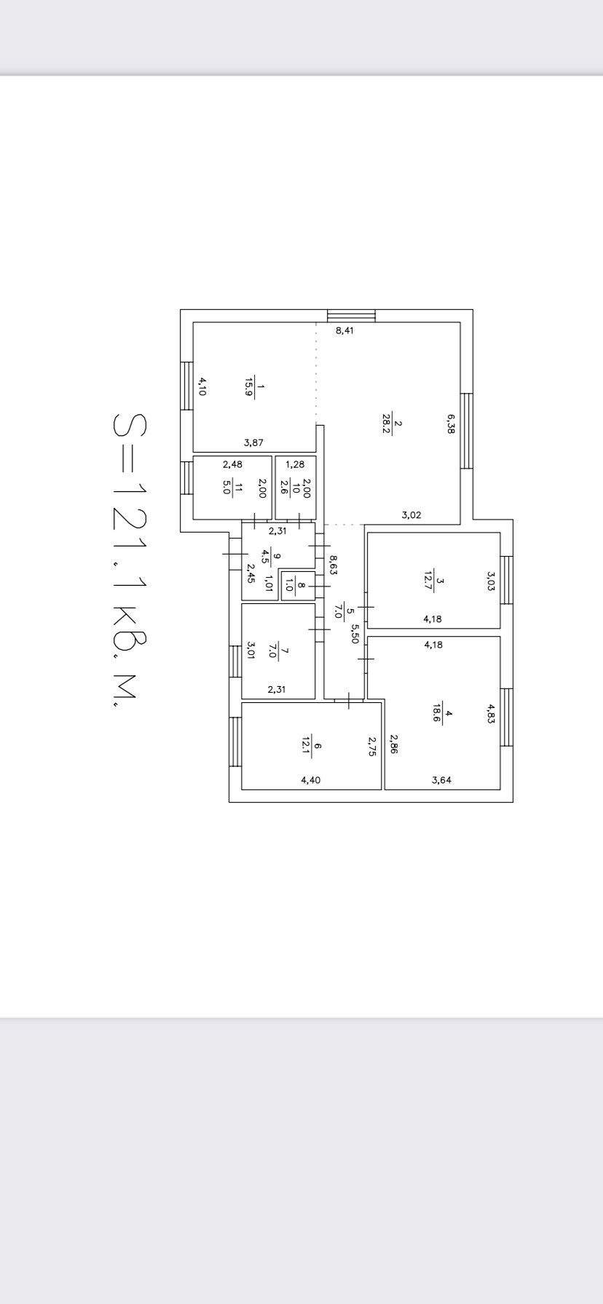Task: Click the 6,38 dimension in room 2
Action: tap(451, 424)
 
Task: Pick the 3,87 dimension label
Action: tap(253, 442)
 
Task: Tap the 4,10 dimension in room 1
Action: tap(203, 385)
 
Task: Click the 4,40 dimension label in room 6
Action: tap(310, 780)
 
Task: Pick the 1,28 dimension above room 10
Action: tap(295, 464)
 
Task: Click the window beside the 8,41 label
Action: tap(351, 316)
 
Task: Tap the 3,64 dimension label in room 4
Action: tap(441, 780)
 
